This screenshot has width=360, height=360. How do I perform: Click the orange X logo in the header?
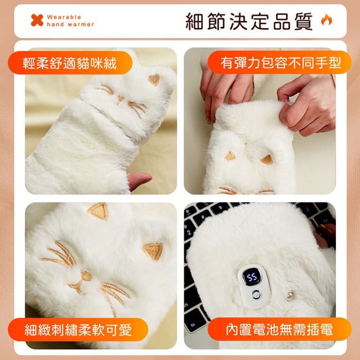[37, 20]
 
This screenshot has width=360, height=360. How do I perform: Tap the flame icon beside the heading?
[326, 20]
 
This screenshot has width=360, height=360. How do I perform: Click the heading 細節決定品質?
[249, 22]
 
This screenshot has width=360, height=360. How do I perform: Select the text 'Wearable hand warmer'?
[70, 21]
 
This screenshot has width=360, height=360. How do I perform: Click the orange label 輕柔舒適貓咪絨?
[70, 63]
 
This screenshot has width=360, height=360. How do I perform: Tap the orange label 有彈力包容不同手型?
[279, 62]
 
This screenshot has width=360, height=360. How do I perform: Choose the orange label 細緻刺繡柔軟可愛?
[78, 330]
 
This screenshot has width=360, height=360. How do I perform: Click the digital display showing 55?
[252, 277]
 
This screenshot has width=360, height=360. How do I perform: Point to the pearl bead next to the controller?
[290, 296]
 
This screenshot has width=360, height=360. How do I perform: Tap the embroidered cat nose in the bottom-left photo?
[86, 276]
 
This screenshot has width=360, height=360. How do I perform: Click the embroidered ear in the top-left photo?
[154, 80]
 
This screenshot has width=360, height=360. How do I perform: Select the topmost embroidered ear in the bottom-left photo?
[99, 210]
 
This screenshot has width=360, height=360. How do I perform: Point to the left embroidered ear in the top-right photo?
[230, 156]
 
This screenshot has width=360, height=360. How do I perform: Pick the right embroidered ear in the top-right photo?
[267, 159]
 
